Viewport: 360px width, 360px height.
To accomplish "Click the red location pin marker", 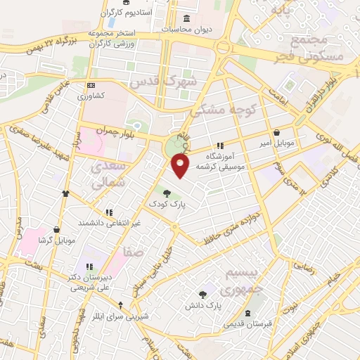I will click(181, 166).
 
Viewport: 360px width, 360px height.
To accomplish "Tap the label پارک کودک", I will click(167, 203).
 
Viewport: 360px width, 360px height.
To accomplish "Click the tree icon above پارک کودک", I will click(167, 193).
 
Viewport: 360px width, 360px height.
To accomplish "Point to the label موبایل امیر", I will click(275, 143).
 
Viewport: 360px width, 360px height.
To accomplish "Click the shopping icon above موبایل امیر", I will click(276, 132).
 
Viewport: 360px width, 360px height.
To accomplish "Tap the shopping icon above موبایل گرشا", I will click(57, 229).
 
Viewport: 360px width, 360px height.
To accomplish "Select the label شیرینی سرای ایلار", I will click(121, 316).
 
